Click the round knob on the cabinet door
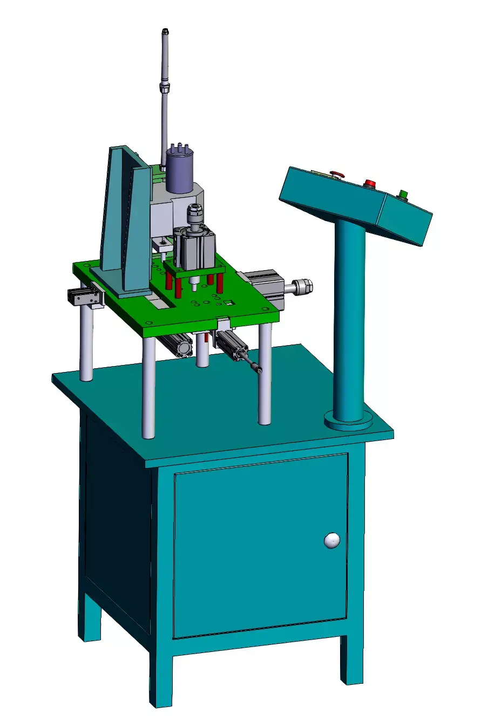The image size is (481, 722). [332, 540]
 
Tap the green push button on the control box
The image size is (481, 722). [402, 194]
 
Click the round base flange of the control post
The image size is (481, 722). [348, 421]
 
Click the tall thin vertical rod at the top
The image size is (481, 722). [165, 59]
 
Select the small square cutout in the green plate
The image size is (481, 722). [229, 303]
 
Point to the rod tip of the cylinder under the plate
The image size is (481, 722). [259, 369]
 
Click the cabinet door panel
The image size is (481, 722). [259, 545]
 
